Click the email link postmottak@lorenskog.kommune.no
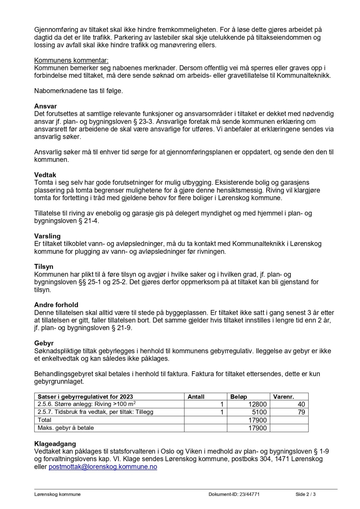[103, 467]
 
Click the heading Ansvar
[46, 106]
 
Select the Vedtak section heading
[45, 175]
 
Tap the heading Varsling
[48, 236]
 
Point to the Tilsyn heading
[44, 267]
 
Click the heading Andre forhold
[56, 305]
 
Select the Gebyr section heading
[44, 344]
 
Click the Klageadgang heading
[55, 444]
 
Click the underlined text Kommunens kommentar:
[72, 61]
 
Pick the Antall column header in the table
[196, 397]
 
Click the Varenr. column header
[284, 397]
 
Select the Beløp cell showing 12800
[257, 404]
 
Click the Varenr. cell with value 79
[301, 412]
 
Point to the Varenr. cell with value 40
[301, 404]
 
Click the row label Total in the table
[45, 420]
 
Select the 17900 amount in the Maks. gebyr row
[257, 428]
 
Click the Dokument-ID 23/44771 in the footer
[234, 495]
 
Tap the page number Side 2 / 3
[305, 495]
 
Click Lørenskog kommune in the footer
[57, 495]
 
